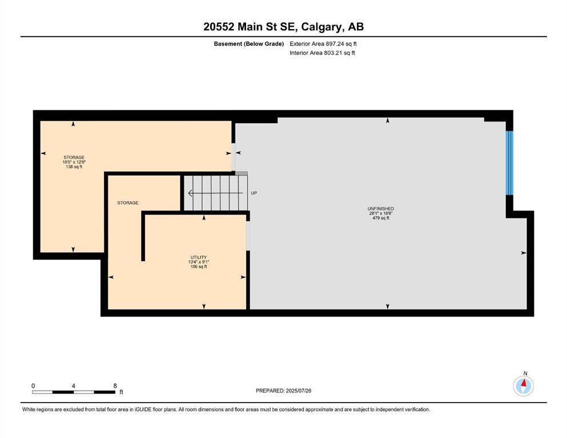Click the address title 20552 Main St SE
tap(250, 27)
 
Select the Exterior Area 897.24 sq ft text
tap(323, 44)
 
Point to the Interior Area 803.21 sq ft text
tap(322, 52)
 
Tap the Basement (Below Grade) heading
tap(249, 44)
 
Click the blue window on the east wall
tap(509, 163)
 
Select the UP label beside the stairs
tap(254, 193)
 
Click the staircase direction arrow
tap(215, 193)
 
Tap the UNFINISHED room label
tap(380, 209)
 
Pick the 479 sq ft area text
tap(381, 218)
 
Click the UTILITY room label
tap(199, 257)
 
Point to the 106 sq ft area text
tap(199, 267)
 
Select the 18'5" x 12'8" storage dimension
tap(74, 162)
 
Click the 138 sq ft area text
tap(74, 167)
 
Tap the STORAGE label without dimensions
tap(128, 203)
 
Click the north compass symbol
tap(523, 386)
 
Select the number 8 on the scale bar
tap(115, 386)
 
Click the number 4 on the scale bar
tap(74, 386)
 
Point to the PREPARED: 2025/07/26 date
tap(283, 391)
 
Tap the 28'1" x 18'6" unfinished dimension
tap(381, 213)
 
